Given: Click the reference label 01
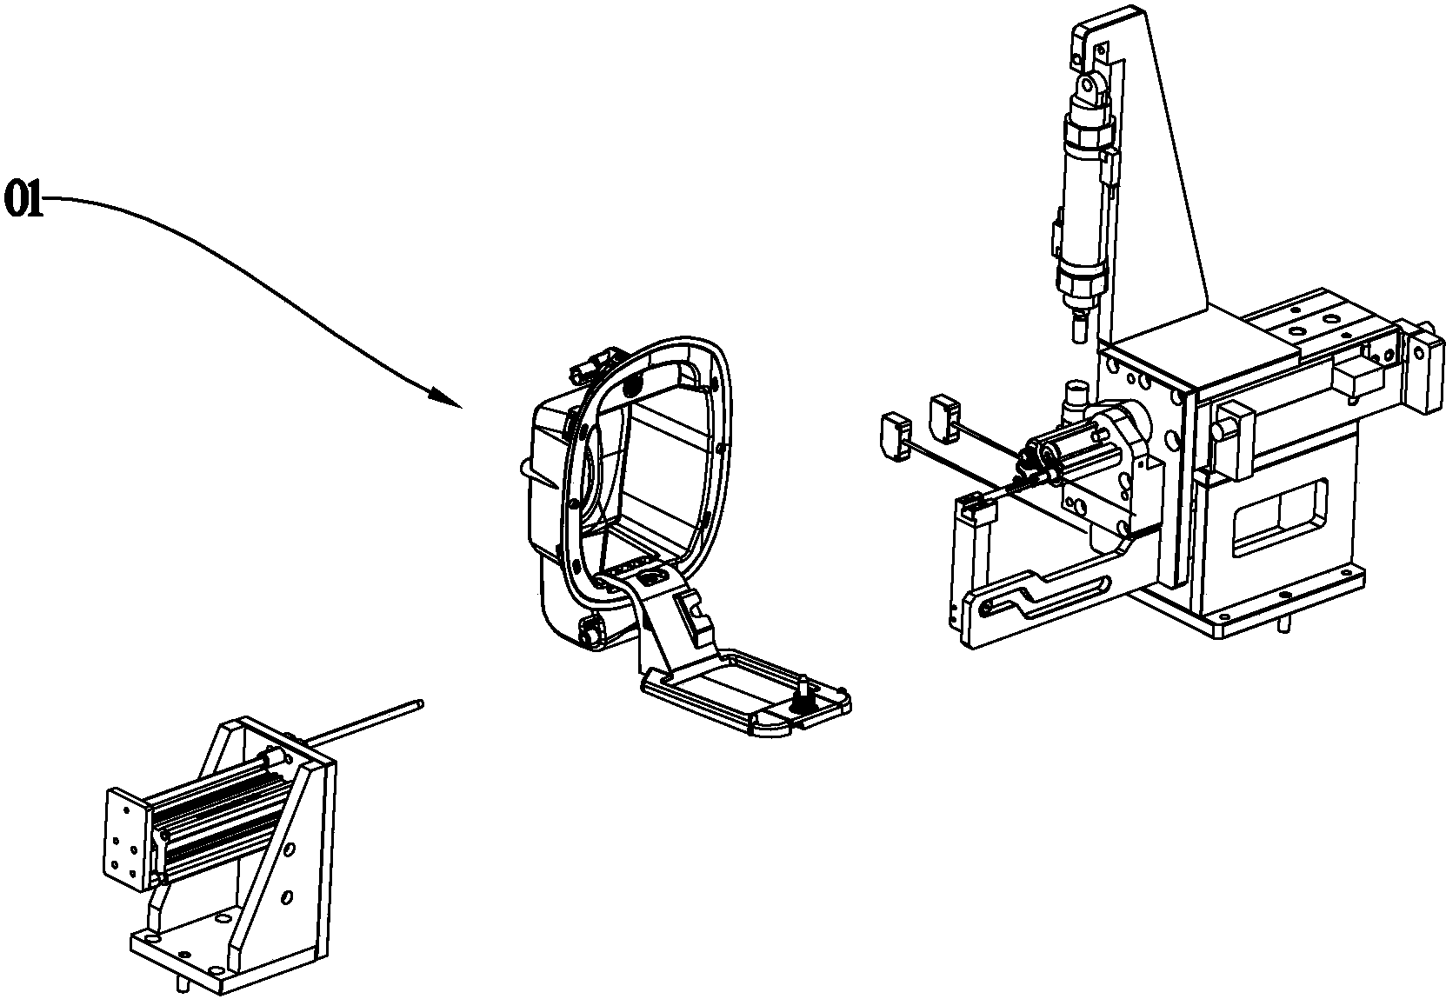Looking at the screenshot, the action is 23,199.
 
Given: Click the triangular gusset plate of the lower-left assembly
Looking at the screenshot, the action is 277,865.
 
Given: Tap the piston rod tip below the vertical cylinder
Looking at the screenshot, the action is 1079,330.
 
